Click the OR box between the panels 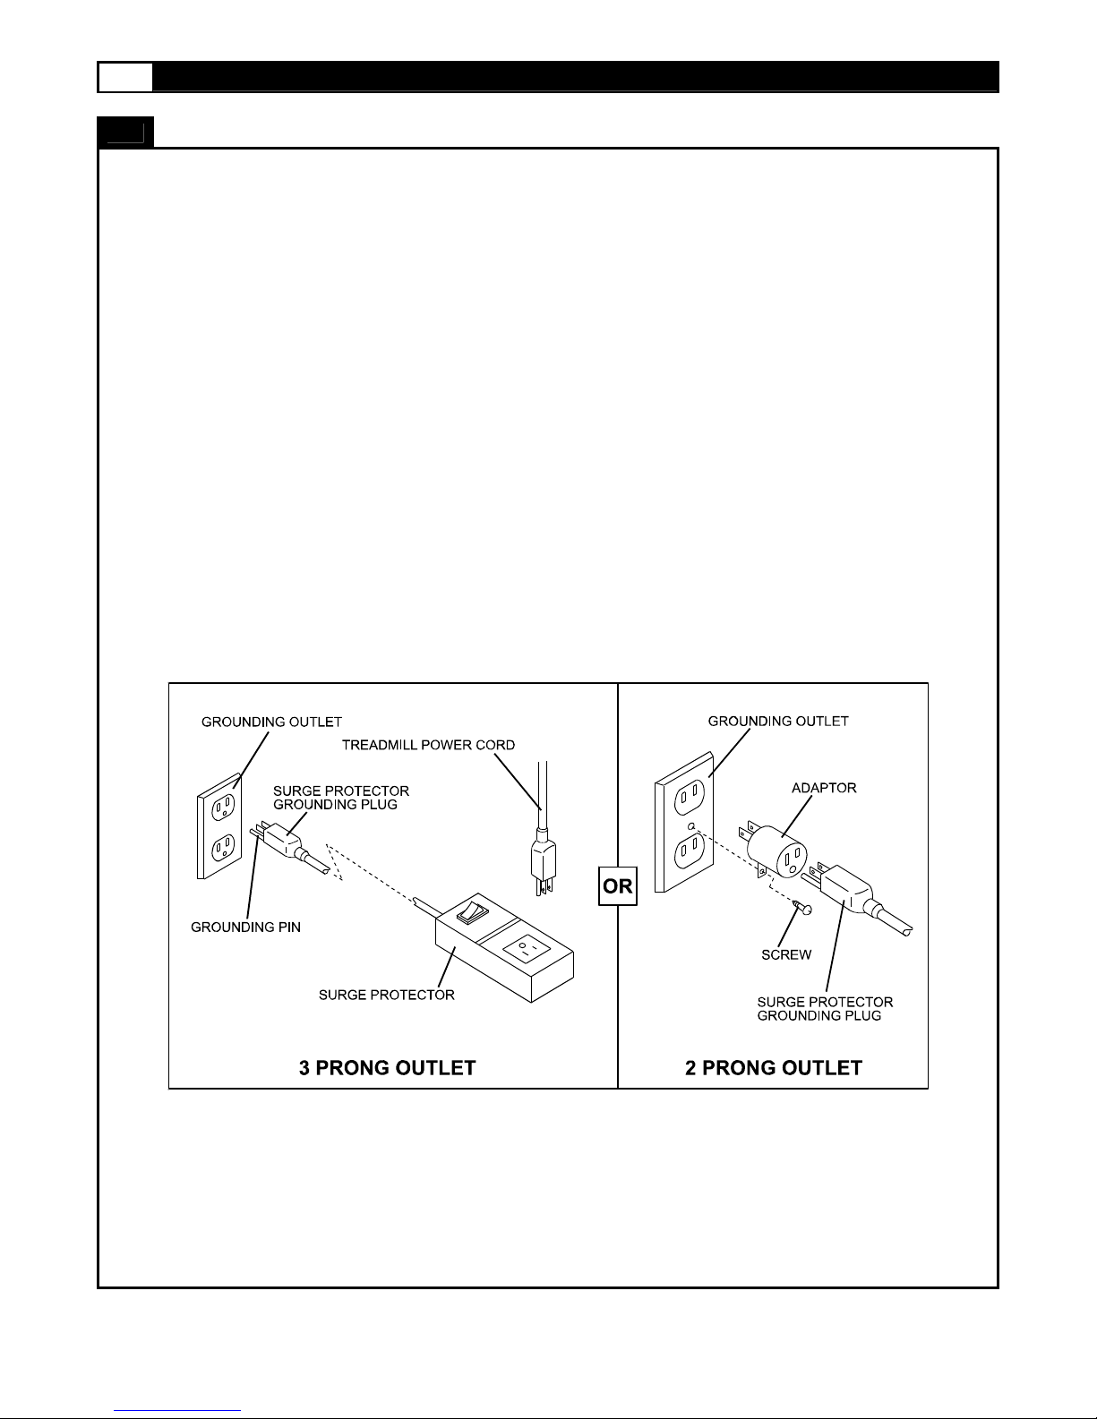click(617, 886)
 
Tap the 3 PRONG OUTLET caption click(387, 1068)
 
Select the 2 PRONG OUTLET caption click(774, 1068)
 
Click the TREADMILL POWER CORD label click(428, 745)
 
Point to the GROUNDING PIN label click(245, 927)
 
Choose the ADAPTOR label click(824, 788)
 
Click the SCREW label click(786, 954)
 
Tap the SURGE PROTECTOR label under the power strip click(387, 995)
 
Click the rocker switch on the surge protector click(472, 911)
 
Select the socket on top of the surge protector click(527, 949)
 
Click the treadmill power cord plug click(544, 862)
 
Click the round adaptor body click(776, 852)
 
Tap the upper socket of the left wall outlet click(223, 807)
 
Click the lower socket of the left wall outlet click(223, 847)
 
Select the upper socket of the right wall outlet click(690, 798)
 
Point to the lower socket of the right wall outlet click(690, 851)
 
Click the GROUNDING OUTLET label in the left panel click(271, 722)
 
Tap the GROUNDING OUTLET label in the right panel click(778, 722)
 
